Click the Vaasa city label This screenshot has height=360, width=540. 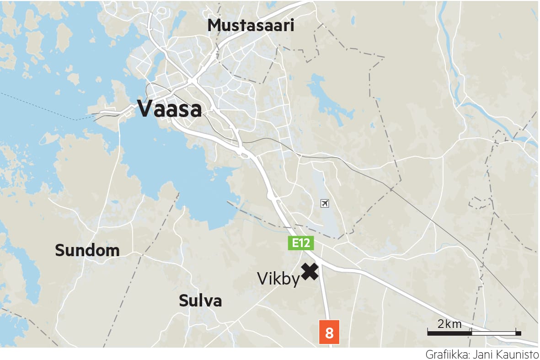(170, 109)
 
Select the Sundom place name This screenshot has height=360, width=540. (87, 250)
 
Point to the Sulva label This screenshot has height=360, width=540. (200, 301)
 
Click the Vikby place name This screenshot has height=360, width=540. (278, 279)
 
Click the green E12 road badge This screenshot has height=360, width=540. (300, 243)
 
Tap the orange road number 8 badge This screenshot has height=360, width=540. (329, 333)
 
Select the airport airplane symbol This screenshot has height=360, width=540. (325, 203)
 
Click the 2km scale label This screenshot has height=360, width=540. (450, 324)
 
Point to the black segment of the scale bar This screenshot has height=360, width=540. (449, 333)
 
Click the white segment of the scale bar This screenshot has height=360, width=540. (493, 333)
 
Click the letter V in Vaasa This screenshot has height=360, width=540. (145, 109)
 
